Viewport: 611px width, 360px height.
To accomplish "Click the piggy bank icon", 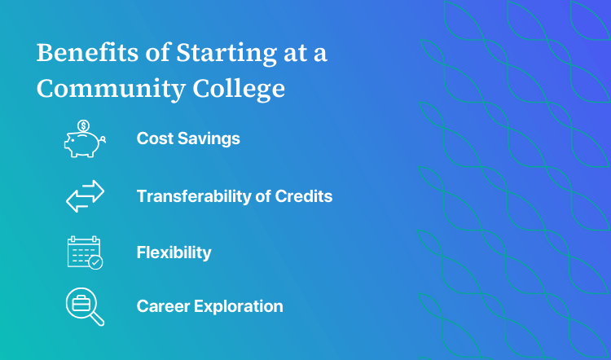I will coord(85,142).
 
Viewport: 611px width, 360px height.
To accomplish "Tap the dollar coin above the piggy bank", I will coord(83,126).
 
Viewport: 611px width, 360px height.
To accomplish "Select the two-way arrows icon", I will coord(85,196).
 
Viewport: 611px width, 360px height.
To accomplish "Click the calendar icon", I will coord(83,252).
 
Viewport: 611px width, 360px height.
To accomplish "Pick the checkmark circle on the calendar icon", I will coord(96,262).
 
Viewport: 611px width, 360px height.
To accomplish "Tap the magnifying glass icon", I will coord(83,306).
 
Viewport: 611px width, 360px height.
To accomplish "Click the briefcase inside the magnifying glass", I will coord(80,302).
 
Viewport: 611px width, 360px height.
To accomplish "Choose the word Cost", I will coord(153,138).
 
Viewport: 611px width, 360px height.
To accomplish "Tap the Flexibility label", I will coord(174,252).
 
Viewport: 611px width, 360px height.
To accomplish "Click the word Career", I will coord(161,307).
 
